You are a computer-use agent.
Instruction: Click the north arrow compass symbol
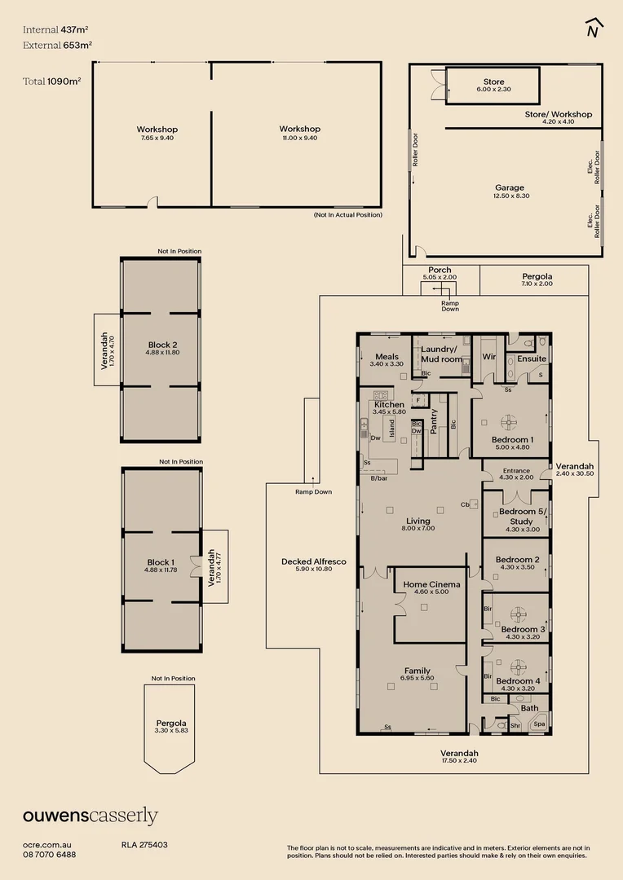click(x=594, y=28)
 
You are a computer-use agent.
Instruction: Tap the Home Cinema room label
click(x=432, y=584)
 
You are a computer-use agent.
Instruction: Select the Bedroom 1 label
click(x=512, y=439)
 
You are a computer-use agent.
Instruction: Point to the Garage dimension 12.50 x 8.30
click(x=510, y=196)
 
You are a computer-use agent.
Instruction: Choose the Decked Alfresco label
click(x=314, y=561)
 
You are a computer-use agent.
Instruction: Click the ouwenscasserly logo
click(x=90, y=816)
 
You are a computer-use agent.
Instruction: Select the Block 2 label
click(x=162, y=345)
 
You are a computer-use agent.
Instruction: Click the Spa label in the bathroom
click(x=539, y=724)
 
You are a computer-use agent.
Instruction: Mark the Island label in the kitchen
click(x=392, y=428)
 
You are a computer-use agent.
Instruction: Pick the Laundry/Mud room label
click(x=441, y=354)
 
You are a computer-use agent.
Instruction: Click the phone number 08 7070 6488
click(x=50, y=855)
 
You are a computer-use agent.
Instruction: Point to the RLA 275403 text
click(x=144, y=845)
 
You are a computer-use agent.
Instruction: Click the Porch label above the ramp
click(x=440, y=270)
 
